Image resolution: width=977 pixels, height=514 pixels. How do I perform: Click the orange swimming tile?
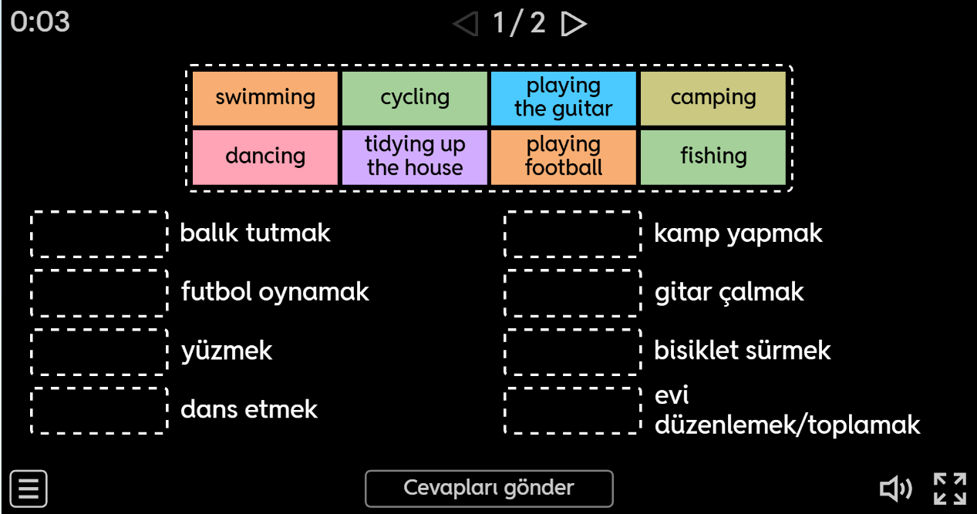[264, 98]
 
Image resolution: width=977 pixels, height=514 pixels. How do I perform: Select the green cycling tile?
[414, 98]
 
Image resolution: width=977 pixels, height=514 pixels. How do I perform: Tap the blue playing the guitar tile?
[564, 98]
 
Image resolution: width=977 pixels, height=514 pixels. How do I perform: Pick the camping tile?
[713, 98]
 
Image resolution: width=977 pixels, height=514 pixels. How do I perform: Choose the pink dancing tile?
[264, 156]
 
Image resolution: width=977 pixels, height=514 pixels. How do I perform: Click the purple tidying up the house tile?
[414, 156]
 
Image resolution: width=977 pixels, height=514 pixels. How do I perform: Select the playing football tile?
[564, 156]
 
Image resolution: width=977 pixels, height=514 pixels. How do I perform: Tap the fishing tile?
[713, 156]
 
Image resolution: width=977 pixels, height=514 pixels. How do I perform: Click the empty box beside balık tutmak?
[99, 233]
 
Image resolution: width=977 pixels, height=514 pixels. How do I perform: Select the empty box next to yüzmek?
[99, 351]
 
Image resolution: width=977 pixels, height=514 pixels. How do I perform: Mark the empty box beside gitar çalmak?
[572, 293]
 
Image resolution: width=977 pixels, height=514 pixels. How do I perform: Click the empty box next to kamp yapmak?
[572, 233]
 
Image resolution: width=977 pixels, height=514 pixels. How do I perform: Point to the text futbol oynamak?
[275, 292]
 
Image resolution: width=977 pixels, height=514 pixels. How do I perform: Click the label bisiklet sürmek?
[742, 351]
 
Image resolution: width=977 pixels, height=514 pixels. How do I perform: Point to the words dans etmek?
[248, 409]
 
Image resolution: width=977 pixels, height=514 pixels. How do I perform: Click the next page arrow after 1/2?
[573, 24]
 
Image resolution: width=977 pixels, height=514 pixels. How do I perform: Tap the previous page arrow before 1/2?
[466, 24]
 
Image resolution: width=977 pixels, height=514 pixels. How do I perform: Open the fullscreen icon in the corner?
[949, 489]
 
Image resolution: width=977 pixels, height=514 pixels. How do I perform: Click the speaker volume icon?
[895, 489]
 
